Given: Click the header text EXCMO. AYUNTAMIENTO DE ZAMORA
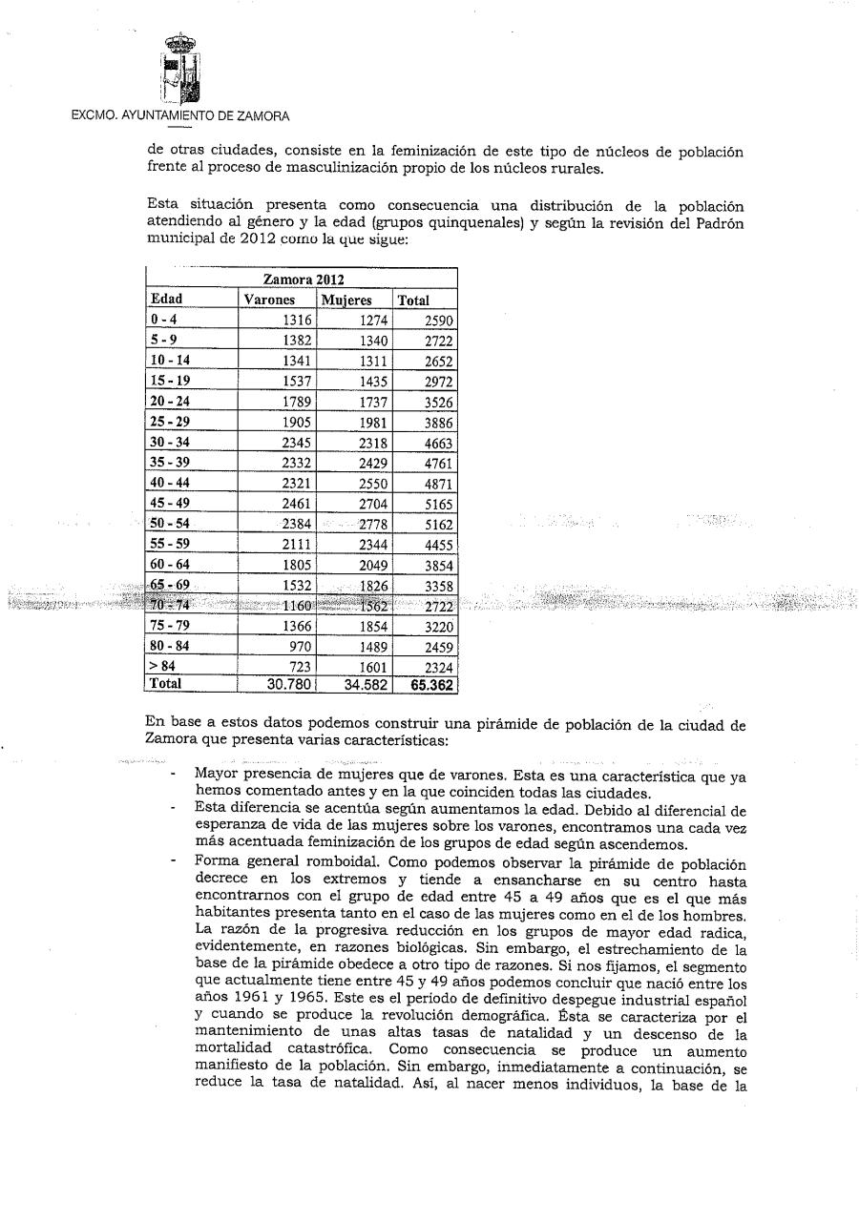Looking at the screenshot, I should click(x=180, y=116).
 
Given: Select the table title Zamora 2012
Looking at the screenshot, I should click(x=302, y=280).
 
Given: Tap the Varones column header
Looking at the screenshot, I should click(x=270, y=300).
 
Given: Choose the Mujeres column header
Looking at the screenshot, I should click(x=346, y=300).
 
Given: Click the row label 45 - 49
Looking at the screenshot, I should click(x=169, y=503).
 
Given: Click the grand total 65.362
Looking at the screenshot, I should click(x=432, y=684).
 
